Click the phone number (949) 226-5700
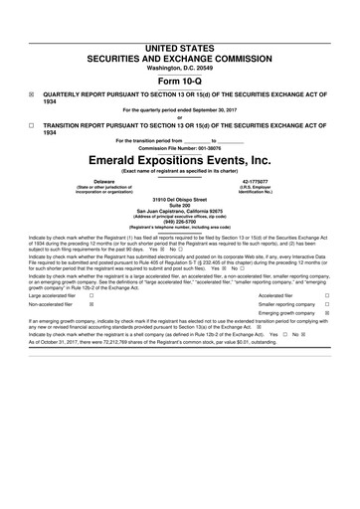180,223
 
